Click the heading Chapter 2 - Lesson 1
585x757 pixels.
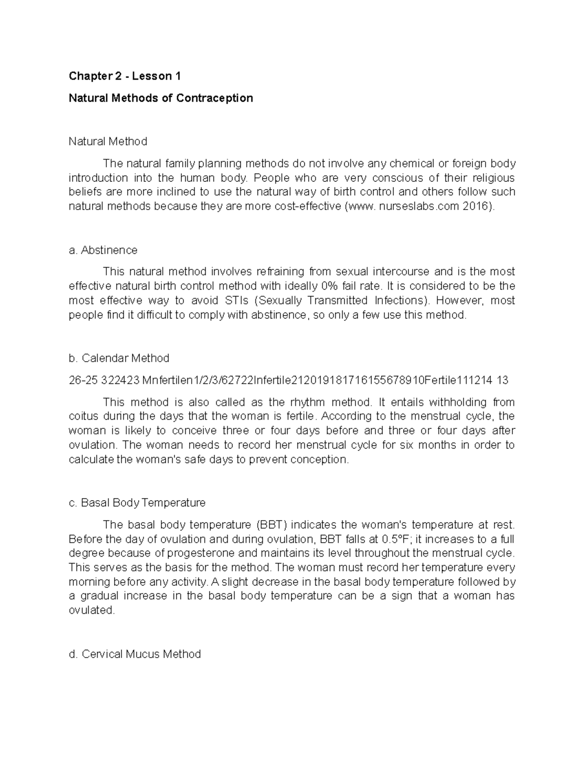click(125, 76)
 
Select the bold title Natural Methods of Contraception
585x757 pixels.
click(161, 98)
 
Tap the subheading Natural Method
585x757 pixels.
click(108, 141)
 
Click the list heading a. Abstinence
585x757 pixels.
click(103, 250)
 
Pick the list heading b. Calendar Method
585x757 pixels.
click(119, 358)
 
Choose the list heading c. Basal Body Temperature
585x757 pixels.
click(137, 503)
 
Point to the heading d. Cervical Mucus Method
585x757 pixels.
click(135, 654)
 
